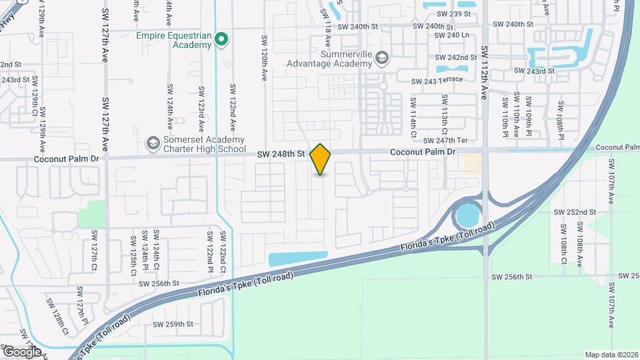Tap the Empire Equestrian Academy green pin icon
[x=223, y=41]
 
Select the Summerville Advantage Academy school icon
[x=381, y=58]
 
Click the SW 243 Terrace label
[x=437, y=81]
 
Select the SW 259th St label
[x=173, y=325]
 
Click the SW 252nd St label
[x=575, y=212]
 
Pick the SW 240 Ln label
[x=453, y=35]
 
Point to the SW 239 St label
[x=453, y=13]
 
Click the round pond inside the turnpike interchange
[x=467, y=215]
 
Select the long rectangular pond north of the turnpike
[x=297, y=259]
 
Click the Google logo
[x=22, y=351]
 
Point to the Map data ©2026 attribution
[x=611, y=355]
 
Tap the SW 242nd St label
[x=455, y=58]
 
